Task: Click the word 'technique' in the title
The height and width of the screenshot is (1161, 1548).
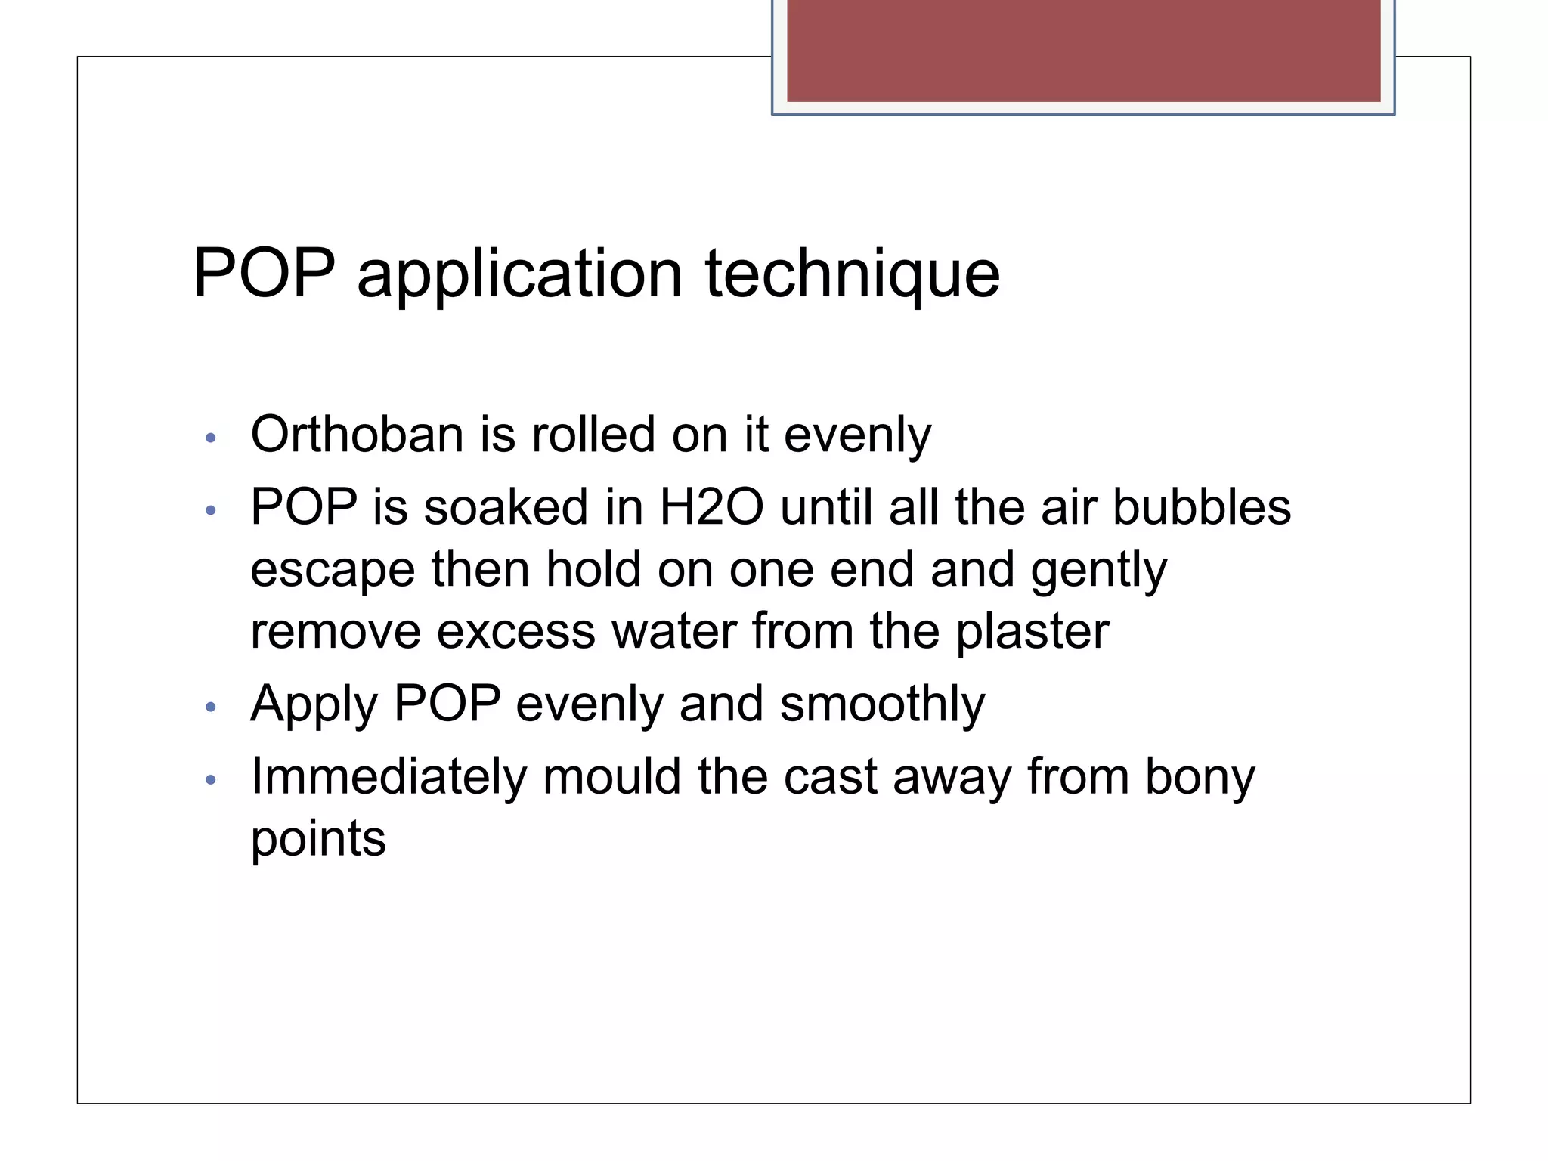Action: (852, 274)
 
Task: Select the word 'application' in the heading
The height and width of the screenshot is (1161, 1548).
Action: (520, 274)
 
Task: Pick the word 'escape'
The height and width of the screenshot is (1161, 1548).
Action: (333, 570)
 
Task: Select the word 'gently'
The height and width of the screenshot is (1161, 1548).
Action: (1099, 570)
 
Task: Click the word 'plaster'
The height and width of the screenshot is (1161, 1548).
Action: (1033, 631)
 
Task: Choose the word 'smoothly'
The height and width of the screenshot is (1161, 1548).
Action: (882, 705)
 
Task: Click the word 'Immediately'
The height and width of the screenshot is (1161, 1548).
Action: (388, 777)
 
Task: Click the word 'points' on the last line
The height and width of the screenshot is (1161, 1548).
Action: (318, 840)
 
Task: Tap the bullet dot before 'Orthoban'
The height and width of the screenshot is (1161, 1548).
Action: (211, 438)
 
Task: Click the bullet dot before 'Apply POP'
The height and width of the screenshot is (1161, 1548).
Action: (211, 707)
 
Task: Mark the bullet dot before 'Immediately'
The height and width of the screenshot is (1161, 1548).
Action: (211, 779)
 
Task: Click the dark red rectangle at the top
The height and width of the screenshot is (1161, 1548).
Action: (1083, 51)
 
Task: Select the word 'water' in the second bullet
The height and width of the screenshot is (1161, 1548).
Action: (673, 631)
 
